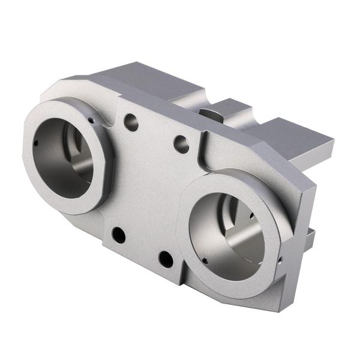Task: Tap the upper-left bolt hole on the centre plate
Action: point(131,122)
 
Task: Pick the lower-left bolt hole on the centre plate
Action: point(119,235)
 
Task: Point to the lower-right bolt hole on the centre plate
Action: point(166,260)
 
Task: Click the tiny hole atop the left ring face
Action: point(91,120)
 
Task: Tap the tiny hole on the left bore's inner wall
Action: point(37,143)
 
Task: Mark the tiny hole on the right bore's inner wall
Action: point(205,261)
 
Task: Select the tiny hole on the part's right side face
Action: point(281,262)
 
